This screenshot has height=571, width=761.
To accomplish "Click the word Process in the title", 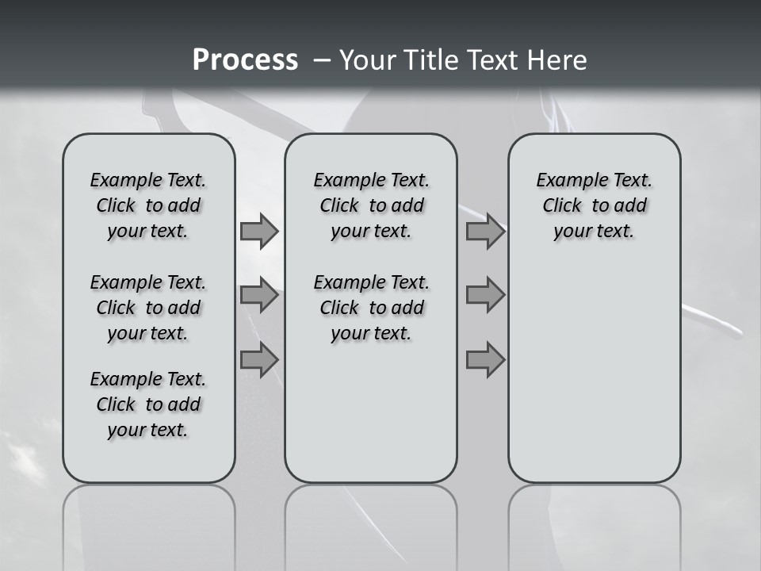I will (245, 59).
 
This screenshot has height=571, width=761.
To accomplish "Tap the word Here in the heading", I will (555, 60).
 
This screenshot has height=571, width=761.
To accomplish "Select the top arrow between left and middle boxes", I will (259, 231).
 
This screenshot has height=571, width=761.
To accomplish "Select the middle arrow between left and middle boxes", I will (259, 295).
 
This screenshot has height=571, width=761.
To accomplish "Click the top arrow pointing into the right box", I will (485, 231).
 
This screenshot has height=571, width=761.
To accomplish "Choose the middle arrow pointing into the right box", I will (485, 295).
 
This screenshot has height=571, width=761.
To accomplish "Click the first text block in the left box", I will (148, 205).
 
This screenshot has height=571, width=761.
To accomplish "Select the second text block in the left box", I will (148, 308).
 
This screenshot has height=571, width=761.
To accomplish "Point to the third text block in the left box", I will (148, 404).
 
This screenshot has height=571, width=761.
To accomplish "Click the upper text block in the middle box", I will (371, 205).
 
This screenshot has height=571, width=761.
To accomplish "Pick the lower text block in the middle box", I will (371, 308).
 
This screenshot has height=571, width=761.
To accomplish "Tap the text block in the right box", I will (594, 205).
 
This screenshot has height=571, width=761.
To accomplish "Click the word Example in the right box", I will (567, 180).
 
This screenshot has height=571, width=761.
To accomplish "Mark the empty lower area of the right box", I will (594, 373).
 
